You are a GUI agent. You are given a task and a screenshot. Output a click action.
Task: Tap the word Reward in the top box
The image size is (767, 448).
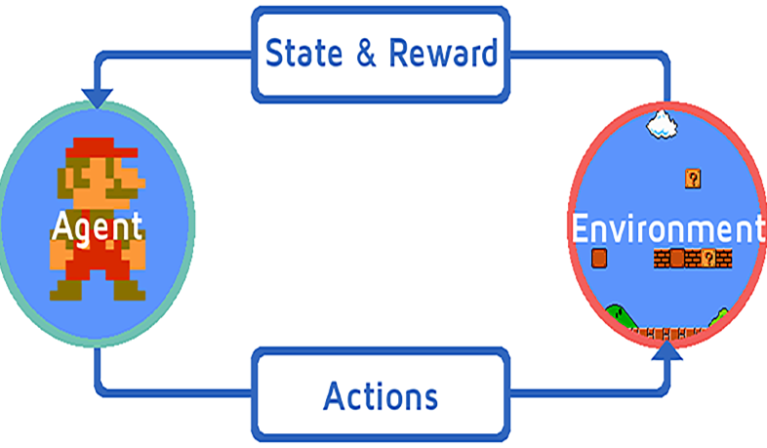443,53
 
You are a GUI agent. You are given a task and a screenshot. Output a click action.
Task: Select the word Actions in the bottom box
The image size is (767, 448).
381,396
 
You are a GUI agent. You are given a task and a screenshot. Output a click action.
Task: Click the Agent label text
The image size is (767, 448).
97,226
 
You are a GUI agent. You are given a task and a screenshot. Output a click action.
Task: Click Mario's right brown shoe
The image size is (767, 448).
126,289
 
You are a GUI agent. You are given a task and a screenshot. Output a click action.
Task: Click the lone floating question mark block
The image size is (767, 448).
692,179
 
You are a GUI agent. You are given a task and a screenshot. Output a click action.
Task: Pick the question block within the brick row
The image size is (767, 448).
723,258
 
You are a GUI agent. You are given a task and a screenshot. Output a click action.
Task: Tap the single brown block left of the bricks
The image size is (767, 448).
600,258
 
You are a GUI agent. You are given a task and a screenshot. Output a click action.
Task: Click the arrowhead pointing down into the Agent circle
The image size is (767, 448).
98,99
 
